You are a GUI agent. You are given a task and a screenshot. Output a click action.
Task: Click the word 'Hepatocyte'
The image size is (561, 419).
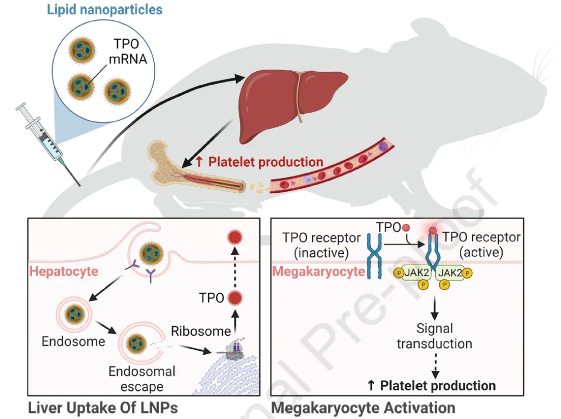pyautogui.click(x=64, y=271)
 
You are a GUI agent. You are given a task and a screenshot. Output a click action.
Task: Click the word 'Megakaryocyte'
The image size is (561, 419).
pyautogui.click(x=318, y=271)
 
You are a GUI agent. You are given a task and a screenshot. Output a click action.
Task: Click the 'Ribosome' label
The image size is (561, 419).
pyautogui.click(x=201, y=331)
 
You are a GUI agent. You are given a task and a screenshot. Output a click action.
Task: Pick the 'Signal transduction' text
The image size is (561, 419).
pyautogui.click(x=434, y=336)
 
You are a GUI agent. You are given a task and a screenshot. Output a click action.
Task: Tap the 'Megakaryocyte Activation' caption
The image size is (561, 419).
pyautogui.click(x=363, y=408)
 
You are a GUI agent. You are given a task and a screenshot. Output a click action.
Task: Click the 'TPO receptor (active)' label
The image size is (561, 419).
pyautogui.click(x=481, y=244)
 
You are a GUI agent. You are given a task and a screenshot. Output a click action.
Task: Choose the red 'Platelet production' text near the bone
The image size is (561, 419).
pyautogui.click(x=260, y=162)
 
